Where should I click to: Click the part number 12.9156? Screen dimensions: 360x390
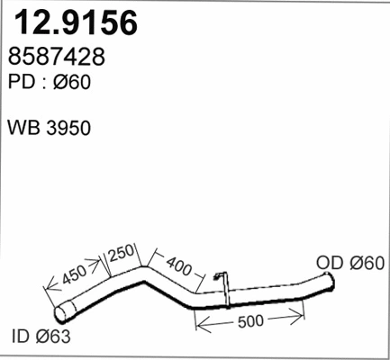(x=74, y=22)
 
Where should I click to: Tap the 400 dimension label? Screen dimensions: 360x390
(x=180, y=266)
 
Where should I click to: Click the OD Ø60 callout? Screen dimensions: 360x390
(x=351, y=263)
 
